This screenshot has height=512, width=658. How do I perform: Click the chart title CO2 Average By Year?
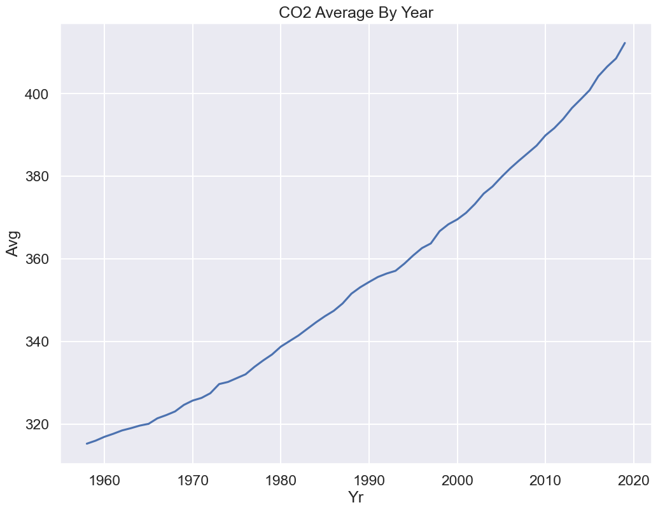[356, 12]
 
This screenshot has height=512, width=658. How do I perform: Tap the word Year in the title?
[415, 12]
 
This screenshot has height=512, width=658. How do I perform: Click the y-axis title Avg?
[13, 243]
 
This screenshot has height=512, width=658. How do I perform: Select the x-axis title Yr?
[356, 497]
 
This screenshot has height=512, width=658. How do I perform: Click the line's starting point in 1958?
[87, 443]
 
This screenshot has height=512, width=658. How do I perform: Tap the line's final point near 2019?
[625, 43]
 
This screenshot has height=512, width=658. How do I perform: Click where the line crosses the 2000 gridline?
[458, 219]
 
